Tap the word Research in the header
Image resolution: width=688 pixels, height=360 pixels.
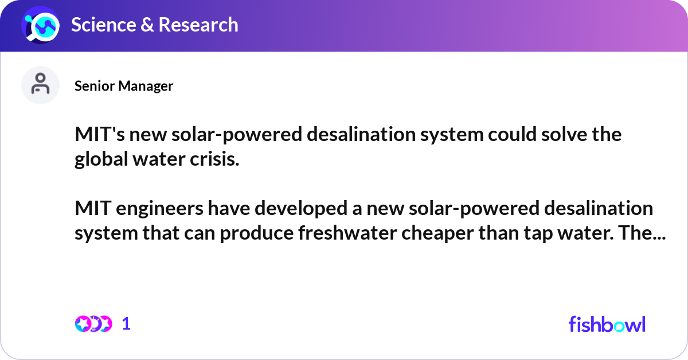pos(198,25)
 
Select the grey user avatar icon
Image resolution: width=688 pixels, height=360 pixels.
pos(40,85)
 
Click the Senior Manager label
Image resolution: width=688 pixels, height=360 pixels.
pos(124,86)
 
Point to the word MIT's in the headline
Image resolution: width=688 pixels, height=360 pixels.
pos(97,135)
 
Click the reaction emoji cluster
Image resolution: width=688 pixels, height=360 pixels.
pos(93,324)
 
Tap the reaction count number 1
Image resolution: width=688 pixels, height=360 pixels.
pos(127,324)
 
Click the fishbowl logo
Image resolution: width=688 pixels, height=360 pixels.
pos(607,324)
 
